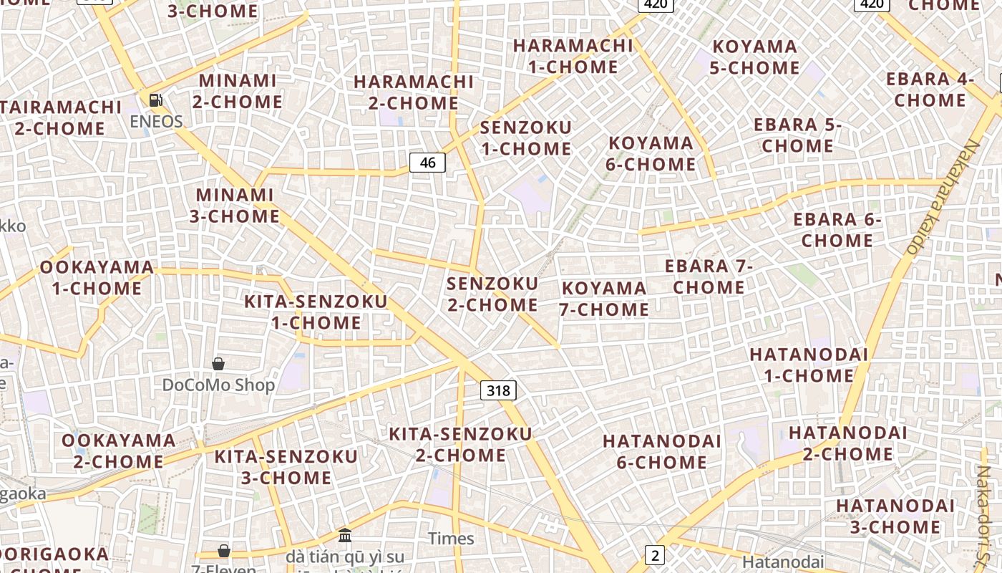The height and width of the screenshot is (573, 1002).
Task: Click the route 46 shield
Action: (x=427, y=163)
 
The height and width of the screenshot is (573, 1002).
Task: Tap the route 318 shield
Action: (x=497, y=390)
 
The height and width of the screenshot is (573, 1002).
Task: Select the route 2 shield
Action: (x=654, y=554)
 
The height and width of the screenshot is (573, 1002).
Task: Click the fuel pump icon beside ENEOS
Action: (x=155, y=100)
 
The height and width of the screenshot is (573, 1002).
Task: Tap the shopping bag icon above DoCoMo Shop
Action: (x=218, y=364)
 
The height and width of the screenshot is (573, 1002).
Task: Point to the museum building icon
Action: (x=345, y=535)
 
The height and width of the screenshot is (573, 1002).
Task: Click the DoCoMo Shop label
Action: (x=218, y=385)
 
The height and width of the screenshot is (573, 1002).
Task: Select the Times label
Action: (x=451, y=539)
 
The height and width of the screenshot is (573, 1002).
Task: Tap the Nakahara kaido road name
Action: (x=943, y=197)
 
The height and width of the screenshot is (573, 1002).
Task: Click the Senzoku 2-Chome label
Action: (x=492, y=294)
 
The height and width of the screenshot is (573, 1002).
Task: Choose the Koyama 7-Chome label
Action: (x=605, y=299)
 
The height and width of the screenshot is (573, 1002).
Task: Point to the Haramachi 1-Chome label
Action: (x=573, y=56)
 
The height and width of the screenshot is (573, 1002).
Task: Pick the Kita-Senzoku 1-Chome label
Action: (x=316, y=312)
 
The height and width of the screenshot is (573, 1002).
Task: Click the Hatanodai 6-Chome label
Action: (x=662, y=451)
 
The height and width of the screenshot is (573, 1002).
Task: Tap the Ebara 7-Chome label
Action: (x=709, y=276)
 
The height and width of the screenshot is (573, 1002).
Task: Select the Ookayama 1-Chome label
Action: (x=97, y=278)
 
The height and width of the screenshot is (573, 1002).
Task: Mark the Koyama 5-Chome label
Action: (x=755, y=57)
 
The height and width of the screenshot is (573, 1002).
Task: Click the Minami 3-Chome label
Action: (x=235, y=205)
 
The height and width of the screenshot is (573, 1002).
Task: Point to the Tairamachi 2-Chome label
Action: (x=61, y=117)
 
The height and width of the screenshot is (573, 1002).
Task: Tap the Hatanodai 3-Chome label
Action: (x=895, y=516)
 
